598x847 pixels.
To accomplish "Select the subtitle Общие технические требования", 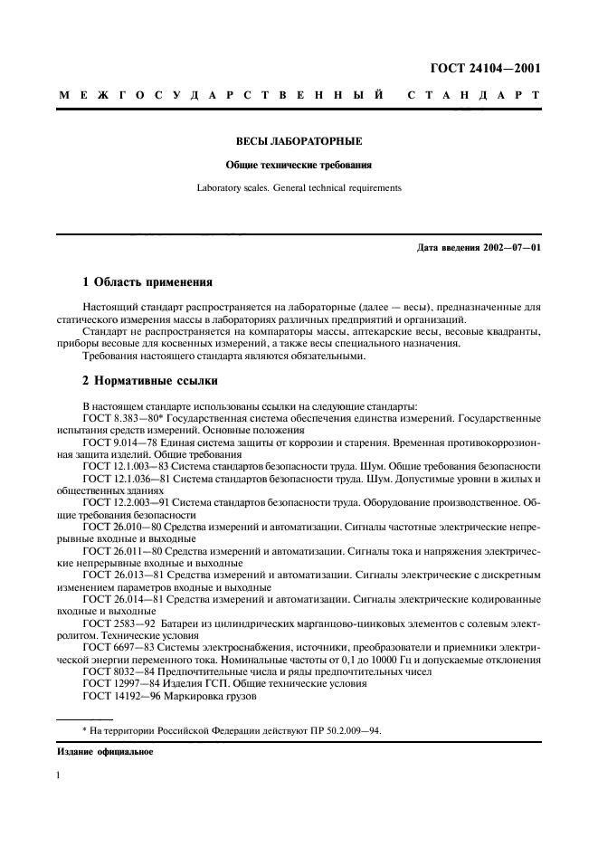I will pyautogui.click(x=299, y=166).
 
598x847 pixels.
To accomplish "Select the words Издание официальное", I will pyautogui.click(x=105, y=752).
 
